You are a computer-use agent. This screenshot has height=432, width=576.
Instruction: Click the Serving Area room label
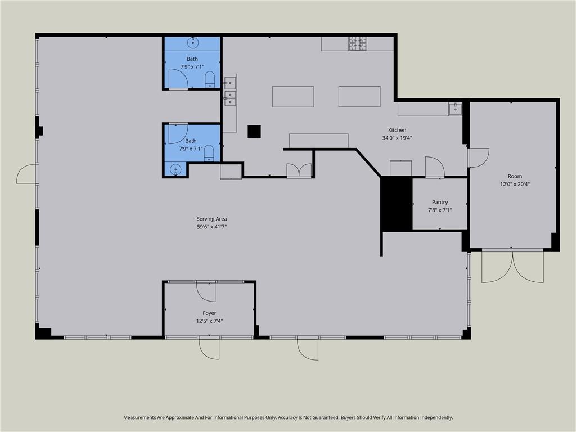(x=211, y=219)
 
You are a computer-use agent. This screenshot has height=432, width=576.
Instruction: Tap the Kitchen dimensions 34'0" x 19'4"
(x=397, y=138)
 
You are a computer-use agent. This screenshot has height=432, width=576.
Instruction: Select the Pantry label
(x=440, y=202)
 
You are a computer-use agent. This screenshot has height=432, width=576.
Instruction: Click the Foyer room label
(x=209, y=313)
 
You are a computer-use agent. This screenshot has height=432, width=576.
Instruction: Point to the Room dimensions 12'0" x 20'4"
(x=515, y=184)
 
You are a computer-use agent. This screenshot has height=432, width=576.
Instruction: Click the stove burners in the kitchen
(x=358, y=43)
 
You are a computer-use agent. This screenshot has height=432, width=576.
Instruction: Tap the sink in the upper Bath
(x=193, y=43)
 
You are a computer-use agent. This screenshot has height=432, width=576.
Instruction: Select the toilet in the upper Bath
(x=210, y=79)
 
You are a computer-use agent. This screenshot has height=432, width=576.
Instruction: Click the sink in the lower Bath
(x=175, y=169)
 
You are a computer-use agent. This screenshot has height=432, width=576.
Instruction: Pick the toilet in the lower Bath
(x=209, y=153)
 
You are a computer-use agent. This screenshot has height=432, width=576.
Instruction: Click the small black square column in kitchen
(x=254, y=132)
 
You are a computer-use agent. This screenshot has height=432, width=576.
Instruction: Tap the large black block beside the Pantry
(x=397, y=204)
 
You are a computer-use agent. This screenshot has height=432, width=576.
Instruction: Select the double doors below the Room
(x=513, y=265)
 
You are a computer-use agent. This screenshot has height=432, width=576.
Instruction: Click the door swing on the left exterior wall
(x=27, y=174)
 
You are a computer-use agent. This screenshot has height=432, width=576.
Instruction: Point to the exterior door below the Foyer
(x=209, y=348)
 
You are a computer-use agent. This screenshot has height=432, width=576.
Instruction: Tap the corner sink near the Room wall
(x=454, y=109)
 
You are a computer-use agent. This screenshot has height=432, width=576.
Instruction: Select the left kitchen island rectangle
(x=293, y=97)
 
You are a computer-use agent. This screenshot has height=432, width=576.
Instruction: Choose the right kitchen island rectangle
(x=359, y=96)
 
